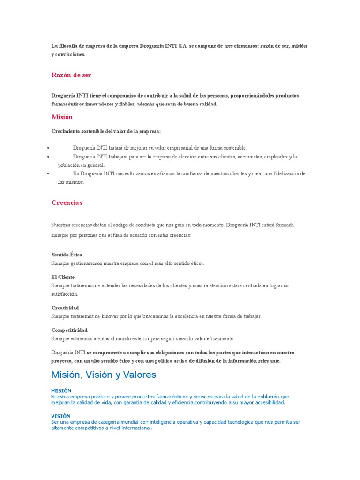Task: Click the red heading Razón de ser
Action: (x=71, y=75)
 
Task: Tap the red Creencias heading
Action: (x=67, y=202)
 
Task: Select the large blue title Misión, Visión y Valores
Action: (x=104, y=375)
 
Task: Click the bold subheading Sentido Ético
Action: (x=67, y=255)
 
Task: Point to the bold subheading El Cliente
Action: (x=63, y=277)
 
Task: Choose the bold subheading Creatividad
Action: (x=65, y=307)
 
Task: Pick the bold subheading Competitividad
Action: (x=69, y=330)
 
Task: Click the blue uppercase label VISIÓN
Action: (x=60, y=416)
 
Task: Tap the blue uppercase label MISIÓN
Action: (x=61, y=390)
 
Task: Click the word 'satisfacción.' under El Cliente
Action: (x=65, y=294)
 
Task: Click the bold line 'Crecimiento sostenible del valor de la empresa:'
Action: (x=106, y=131)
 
